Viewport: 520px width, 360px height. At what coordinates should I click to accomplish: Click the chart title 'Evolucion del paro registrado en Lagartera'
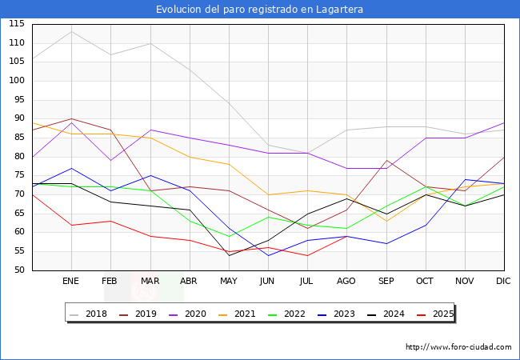tap(259, 9)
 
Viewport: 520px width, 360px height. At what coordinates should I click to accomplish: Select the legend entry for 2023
tap(336, 314)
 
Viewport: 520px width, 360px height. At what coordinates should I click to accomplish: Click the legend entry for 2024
tap(384, 314)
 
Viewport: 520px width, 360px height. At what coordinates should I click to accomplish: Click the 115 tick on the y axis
tap(16, 24)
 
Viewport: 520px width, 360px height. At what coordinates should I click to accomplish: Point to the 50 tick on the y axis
tap(18, 270)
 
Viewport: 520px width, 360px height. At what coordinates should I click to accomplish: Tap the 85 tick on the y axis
tap(18, 138)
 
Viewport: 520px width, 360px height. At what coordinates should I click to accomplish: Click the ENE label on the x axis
tap(71, 281)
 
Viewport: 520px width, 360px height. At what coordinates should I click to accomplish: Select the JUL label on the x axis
tap(307, 281)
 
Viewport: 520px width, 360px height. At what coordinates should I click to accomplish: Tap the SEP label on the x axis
tap(386, 281)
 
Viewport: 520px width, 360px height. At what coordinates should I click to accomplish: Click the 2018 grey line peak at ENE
tap(71, 31)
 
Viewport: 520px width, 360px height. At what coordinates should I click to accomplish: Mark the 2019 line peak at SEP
tap(386, 161)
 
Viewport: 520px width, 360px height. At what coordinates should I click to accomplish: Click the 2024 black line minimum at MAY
tap(229, 255)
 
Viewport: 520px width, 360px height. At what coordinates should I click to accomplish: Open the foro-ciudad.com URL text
tap(458, 347)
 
